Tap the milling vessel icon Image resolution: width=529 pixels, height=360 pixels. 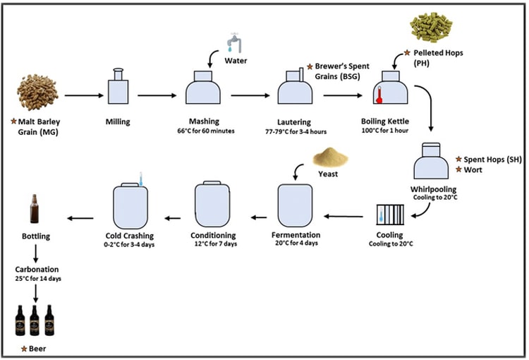(117, 88)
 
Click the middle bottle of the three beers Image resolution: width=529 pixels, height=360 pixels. (34, 320)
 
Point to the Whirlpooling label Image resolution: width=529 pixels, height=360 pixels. (434, 189)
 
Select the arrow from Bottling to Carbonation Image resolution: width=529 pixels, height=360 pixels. (34, 253)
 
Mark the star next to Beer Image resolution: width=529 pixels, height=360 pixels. (24, 349)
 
